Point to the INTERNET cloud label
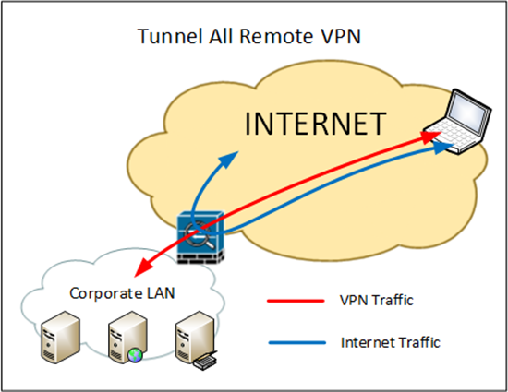tap(315, 124)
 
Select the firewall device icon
tap(200, 237)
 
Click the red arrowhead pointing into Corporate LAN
tap(143, 267)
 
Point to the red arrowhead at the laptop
tap(430, 137)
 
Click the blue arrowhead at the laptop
tap(442, 147)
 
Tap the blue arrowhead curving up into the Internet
tap(229, 159)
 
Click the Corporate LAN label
tap(122, 293)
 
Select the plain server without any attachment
tap(61, 338)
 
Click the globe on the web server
tap(135, 355)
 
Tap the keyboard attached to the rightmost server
tap(205, 361)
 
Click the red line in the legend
tap(296, 301)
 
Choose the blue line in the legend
tap(297, 343)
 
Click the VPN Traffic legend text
tap(377, 300)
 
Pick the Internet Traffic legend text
tap(391, 342)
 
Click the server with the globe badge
tap(127, 338)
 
